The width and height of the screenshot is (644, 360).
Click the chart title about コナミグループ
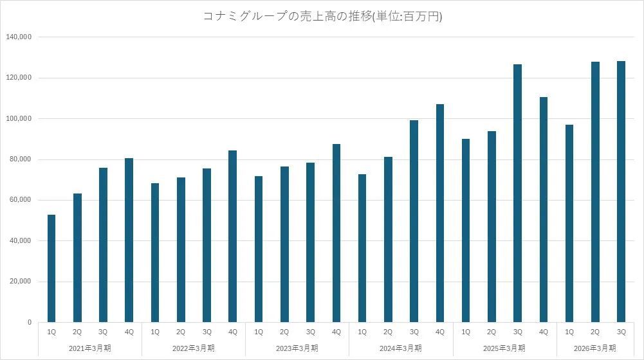point(322,17)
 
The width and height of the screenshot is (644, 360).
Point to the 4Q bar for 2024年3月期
point(440,213)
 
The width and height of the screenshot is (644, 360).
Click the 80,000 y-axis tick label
point(21,159)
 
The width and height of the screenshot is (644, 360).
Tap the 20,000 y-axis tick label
point(21,282)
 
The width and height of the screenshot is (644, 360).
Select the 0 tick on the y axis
point(29,322)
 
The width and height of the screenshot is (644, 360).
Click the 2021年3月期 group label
point(90,348)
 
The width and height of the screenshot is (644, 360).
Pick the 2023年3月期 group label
point(297,348)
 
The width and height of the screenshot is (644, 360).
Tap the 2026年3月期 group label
point(595,348)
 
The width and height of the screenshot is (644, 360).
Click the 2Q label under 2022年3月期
point(181,332)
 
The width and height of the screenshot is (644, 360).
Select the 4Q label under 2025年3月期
point(543,332)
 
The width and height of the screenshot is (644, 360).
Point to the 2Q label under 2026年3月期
point(595,332)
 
